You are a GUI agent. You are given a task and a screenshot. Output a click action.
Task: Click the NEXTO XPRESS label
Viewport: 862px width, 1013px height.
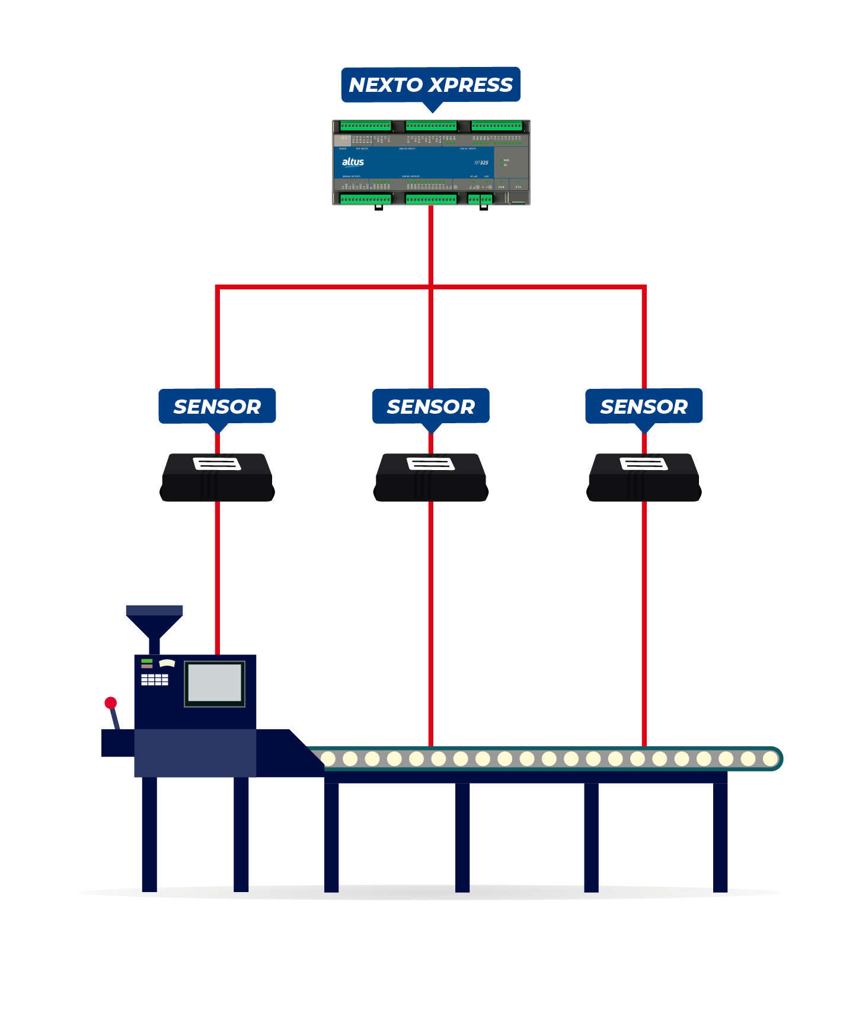(430, 85)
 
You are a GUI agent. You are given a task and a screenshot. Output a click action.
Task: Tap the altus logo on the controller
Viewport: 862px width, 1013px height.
(353, 162)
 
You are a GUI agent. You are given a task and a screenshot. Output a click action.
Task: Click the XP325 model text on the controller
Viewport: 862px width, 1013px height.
(481, 162)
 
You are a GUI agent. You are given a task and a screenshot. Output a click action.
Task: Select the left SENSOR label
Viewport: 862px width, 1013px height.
(217, 406)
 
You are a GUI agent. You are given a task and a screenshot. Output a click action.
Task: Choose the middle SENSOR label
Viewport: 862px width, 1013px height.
(430, 406)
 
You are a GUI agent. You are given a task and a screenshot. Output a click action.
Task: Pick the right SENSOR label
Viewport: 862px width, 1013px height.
(644, 406)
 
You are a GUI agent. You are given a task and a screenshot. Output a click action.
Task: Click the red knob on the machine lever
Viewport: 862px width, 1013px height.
(110, 703)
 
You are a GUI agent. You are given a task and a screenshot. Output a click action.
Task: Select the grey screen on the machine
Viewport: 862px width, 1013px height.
(215, 683)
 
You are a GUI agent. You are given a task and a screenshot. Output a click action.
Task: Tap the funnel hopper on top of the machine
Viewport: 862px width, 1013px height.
(154, 622)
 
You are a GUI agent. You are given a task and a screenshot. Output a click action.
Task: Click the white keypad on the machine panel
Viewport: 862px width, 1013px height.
(154, 679)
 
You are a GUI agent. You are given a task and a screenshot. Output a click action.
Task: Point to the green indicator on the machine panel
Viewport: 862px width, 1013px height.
(147, 661)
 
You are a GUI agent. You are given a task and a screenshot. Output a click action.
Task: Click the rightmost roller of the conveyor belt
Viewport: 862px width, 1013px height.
(770, 759)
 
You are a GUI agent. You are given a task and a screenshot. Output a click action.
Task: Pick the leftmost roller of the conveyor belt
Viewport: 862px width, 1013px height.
(328, 759)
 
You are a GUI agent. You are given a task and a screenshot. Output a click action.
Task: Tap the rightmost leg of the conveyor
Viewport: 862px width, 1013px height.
(720, 836)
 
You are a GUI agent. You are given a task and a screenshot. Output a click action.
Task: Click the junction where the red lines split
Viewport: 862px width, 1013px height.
(430, 287)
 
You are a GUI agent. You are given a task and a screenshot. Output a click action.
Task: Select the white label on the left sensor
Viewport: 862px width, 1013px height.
(217, 464)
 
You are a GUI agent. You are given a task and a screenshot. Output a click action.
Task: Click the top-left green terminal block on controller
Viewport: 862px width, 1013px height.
(366, 126)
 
